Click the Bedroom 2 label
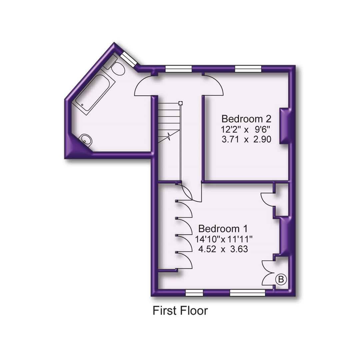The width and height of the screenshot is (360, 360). click(246, 119)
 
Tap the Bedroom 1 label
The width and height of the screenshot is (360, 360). click(223, 229)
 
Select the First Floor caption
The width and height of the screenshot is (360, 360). click(180, 311)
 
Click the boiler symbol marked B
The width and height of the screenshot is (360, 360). click(281, 279)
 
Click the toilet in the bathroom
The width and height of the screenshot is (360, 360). click(115, 68)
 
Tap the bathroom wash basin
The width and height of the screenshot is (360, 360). click(86, 140)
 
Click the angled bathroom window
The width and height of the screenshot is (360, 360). click(127, 60)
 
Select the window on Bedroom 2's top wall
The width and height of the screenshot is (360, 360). click(248, 69)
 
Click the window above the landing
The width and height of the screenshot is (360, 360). click(179, 69)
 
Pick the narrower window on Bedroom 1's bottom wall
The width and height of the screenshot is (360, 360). click(194, 293)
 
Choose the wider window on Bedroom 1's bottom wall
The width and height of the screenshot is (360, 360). click(247, 293)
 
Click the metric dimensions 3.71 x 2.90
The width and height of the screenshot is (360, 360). click(246, 139)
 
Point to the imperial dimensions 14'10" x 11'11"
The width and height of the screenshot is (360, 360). click(224, 239)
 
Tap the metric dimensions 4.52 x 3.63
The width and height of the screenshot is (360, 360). click(223, 249)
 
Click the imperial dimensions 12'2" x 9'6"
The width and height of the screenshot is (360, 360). click(246, 129)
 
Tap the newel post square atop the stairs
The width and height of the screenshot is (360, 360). click(180, 103)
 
